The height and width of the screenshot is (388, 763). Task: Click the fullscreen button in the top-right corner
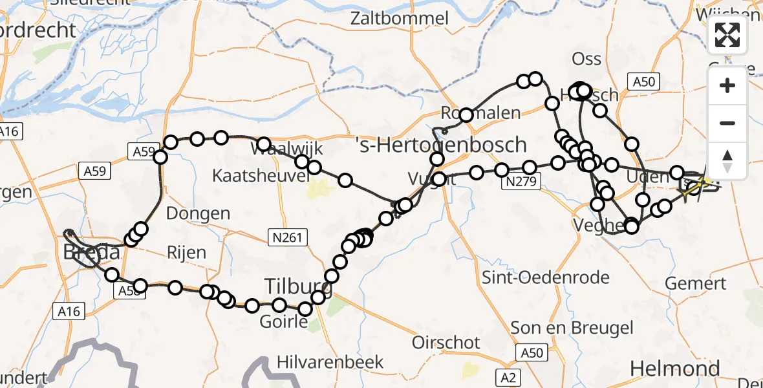727,35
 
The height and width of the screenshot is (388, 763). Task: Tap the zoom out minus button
727,123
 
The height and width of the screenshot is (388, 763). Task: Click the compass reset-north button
727,160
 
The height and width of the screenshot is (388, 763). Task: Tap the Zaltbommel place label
399,18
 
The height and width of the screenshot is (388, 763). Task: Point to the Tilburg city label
299,285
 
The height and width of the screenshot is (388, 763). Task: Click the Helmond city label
674,369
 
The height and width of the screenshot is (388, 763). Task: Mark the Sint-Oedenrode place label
546,278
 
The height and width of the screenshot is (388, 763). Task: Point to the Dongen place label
198,213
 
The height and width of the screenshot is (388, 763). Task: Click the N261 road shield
285,239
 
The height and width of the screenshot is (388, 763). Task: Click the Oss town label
586,59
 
